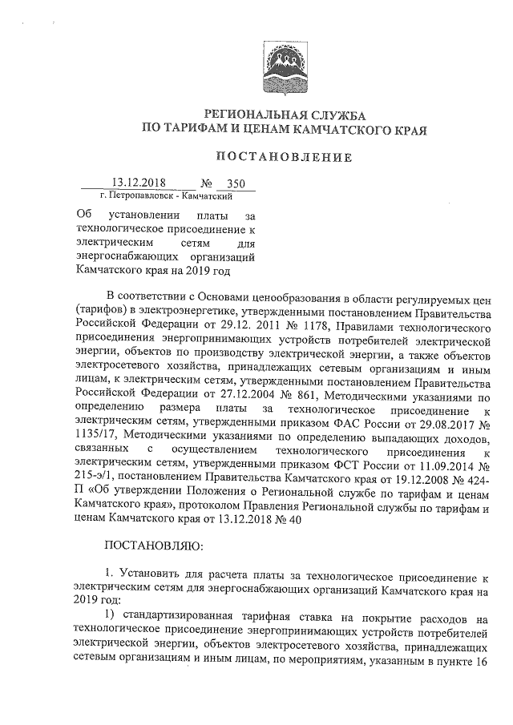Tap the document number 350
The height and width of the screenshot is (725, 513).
coord(236,183)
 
